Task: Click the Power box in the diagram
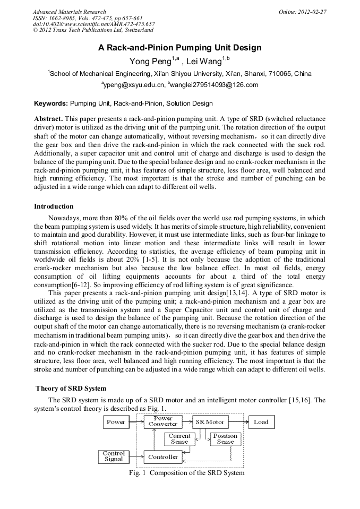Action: point(116,422)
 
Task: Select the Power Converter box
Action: point(163,422)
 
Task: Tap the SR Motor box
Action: point(210,422)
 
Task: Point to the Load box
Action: point(261,422)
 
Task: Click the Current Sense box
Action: point(179,439)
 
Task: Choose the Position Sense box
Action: point(225,439)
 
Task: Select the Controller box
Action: point(163,457)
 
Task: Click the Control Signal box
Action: point(114,456)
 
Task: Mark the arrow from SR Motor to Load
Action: point(238,422)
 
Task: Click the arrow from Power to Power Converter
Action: point(136,422)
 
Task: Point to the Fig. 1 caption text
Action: point(186,473)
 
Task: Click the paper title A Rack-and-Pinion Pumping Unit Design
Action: point(179,48)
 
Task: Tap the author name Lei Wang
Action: point(203,62)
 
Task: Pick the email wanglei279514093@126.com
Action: point(214,85)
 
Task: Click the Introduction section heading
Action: point(54,206)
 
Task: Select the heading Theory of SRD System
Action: point(71,389)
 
